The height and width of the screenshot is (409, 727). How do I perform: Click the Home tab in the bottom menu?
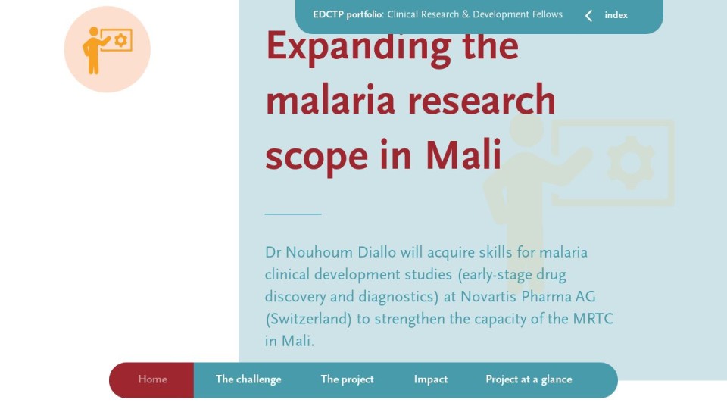[152, 379]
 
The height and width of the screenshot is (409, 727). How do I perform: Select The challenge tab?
[248, 379]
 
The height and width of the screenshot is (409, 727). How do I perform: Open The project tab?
[348, 379]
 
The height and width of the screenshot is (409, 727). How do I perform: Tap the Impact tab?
[431, 379]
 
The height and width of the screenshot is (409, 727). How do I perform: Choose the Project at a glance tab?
[529, 379]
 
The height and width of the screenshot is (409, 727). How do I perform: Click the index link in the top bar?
[616, 15]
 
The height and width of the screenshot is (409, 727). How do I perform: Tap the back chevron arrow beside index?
[589, 16]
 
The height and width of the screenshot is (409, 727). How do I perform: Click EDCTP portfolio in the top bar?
[348, 15]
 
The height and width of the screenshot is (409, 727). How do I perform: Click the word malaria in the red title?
[330, 100]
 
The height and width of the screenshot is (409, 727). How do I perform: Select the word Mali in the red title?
[463, 155]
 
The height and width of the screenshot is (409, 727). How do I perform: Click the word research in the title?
[482, 101]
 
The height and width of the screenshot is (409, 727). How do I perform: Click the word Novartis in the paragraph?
[488, 297]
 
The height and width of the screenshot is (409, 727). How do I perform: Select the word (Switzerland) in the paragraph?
[308, 320]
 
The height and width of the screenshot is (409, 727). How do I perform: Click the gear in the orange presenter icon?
[120, 40]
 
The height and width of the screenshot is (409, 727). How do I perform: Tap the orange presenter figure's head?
[94, 32]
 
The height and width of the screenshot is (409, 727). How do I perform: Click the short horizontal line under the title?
[293, 214]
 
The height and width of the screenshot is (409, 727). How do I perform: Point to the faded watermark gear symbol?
[630, 163]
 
